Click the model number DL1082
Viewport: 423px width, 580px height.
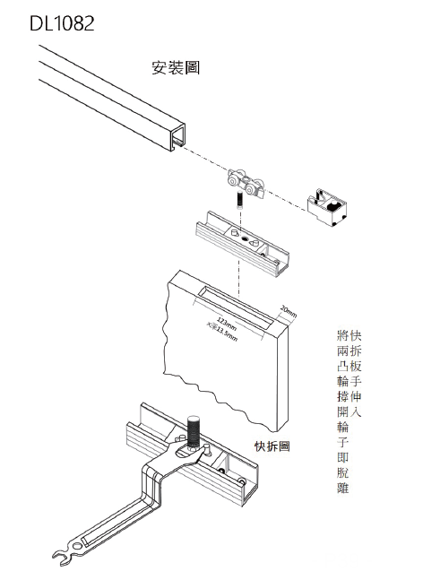61,24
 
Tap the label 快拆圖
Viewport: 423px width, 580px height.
273,446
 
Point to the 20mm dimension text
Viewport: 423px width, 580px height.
288,311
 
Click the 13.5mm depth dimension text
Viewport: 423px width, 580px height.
224,332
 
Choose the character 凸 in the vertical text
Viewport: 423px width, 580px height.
341,367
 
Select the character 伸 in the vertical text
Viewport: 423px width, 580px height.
357,397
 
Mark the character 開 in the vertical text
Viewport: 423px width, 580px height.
341,411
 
